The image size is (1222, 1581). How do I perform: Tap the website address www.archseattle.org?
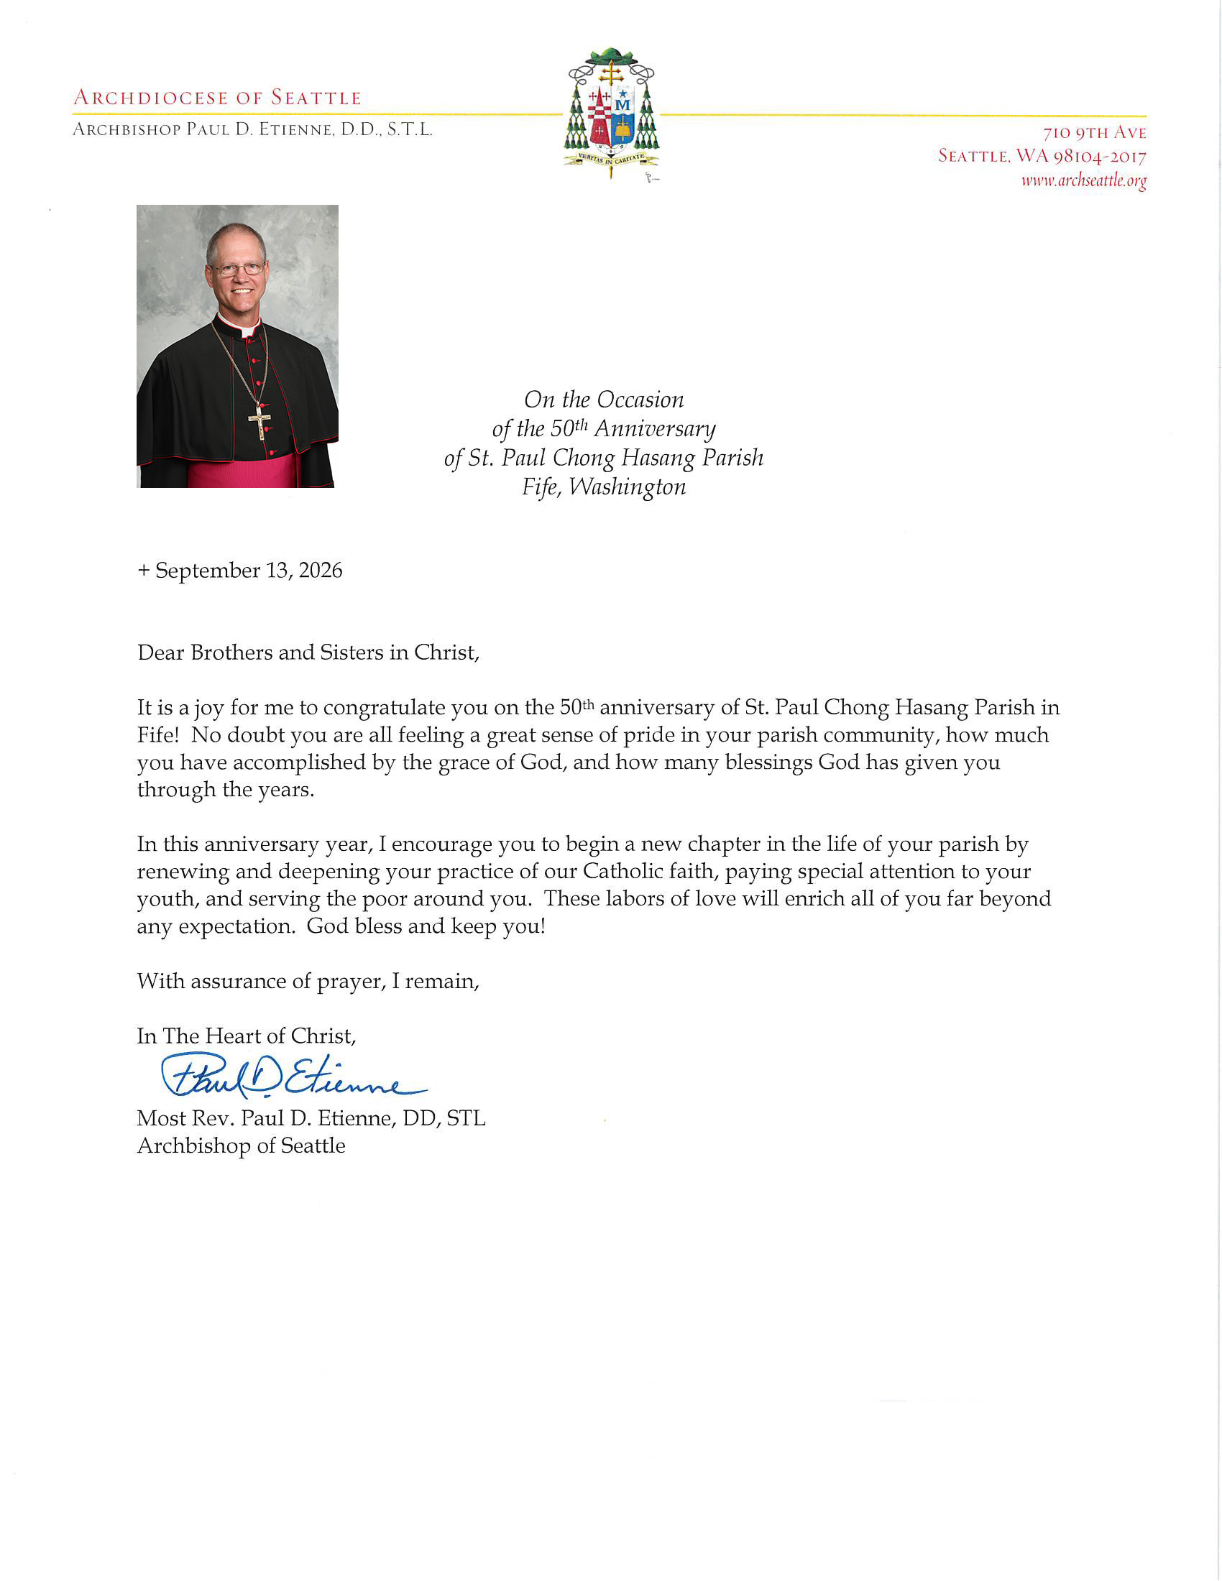(1084, 180)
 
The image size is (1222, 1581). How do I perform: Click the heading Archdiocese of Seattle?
(217, 98)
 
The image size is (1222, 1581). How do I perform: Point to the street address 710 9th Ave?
(1095, 133)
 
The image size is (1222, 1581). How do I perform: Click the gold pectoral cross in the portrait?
(260, 421)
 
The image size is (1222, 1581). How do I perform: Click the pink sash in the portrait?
(241, 471)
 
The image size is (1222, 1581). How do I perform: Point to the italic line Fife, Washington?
(604, 487)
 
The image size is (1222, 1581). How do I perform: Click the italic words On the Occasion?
(604, 400)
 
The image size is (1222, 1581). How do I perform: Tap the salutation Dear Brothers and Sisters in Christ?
(308, 653)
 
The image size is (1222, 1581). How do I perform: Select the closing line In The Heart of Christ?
(246, 1036)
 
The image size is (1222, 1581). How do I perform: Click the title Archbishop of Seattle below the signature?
(241, 1146)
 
